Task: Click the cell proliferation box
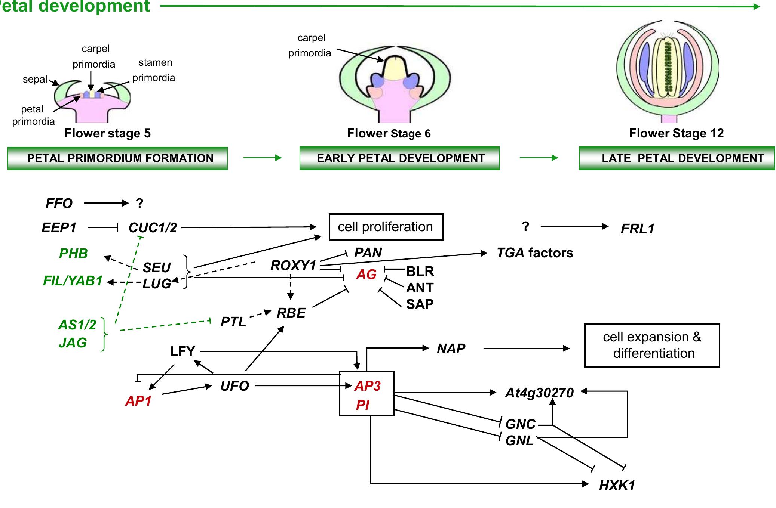[386, 227]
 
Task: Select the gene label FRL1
[637, 229]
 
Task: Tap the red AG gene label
[366, 275]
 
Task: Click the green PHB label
[73, 254]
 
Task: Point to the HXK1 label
[617, 485]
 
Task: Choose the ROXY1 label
[293, 266]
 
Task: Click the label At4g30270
[539, 393]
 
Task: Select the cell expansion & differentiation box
[652, 345]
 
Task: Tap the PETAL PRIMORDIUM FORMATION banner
[117, 158]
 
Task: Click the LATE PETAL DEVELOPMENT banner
[676, 158]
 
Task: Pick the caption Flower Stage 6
[389, 133]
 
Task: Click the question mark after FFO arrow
[139, 204]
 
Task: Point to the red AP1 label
[138, 401]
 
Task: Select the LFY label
[183, 351]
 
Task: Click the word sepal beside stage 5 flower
[35, 80]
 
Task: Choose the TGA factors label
[534, 253]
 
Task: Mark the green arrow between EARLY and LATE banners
[539, 158]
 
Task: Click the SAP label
[420, 304]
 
